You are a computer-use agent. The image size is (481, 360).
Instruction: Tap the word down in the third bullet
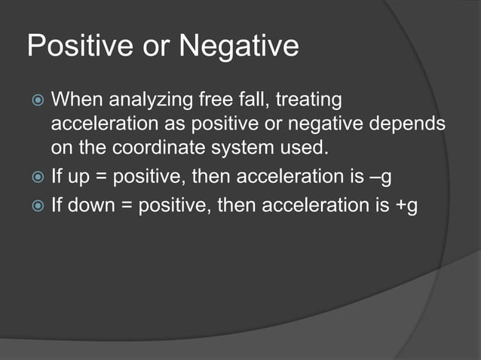tap(90, 204)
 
